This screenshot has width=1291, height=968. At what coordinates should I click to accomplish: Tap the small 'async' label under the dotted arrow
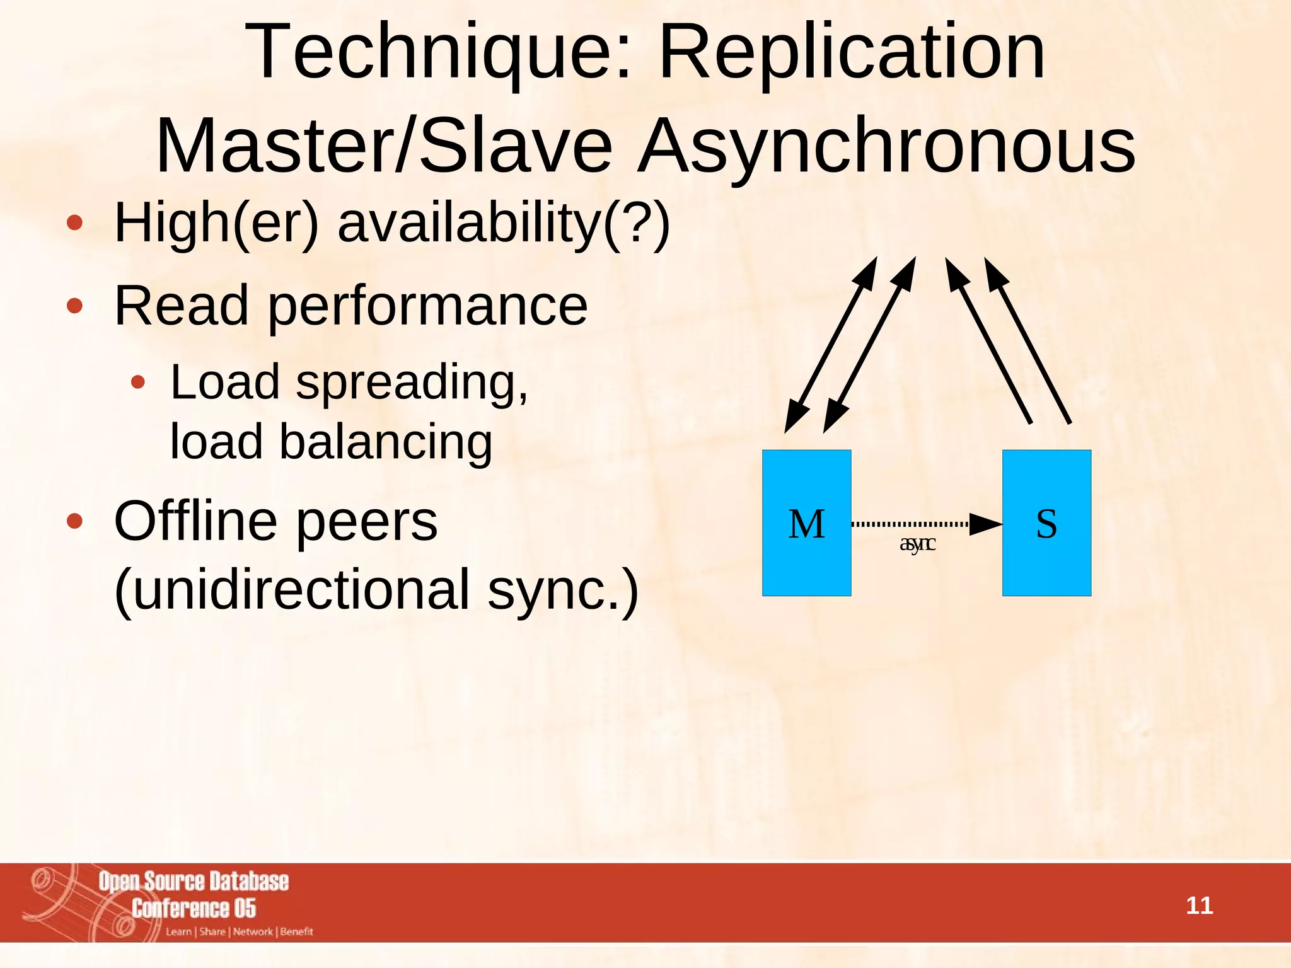point(917,543)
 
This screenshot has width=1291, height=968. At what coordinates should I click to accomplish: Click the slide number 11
point(1199,906)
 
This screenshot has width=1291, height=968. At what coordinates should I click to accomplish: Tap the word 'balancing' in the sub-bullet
point(386,442)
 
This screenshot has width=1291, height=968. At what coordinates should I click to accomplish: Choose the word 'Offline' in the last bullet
point(195,521)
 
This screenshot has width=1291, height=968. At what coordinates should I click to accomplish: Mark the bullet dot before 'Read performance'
point(74,306)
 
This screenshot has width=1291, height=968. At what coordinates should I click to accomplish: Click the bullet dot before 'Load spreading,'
point(138,382)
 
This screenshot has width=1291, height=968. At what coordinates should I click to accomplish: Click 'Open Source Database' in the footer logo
point(194,882)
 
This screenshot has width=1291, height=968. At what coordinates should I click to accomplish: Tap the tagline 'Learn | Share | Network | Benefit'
point(240,931)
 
